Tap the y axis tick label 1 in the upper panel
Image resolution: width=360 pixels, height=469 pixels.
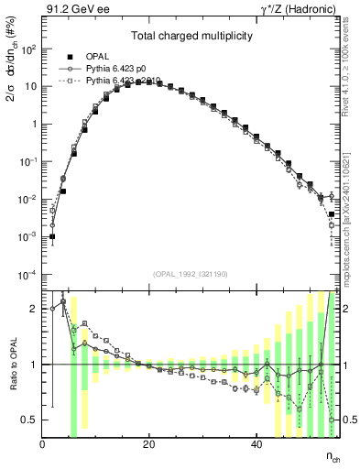pyautogui.click(x=35, y=124)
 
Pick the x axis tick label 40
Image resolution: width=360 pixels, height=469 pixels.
pyautogui.click(x=256, y=443)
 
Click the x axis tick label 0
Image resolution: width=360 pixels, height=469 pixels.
pyautogui.click(x=43, y=443)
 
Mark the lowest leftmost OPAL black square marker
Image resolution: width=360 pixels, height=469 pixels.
pyautogui.click(x=53, y=236)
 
